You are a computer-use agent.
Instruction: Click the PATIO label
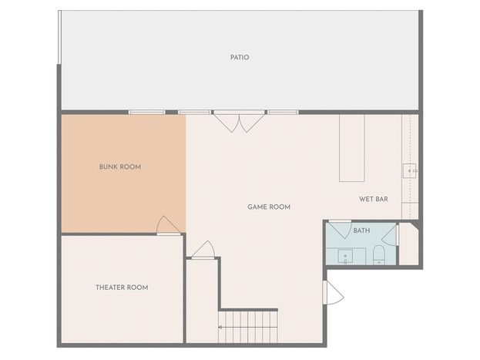[240, 57]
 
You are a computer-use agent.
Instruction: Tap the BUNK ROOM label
[120, 167]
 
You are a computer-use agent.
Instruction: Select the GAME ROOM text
[269, 207]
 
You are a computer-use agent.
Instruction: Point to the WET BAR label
[374, 199]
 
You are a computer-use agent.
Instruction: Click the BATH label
[361, 230]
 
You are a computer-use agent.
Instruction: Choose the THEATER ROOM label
[122, 288]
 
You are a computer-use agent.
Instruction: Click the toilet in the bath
[378, 254]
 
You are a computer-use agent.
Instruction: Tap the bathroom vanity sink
[345, 256]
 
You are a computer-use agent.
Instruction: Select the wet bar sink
[410, 170]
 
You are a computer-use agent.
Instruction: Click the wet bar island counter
[352, 148]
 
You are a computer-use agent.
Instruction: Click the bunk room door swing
[168, 225]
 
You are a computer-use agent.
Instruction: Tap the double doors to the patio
[239, 121]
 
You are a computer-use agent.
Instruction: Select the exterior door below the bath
[333, 292]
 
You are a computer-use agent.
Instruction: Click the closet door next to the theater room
[203, 250]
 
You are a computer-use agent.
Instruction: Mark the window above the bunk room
[146, 112]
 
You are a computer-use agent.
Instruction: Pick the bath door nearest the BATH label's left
[340, 229]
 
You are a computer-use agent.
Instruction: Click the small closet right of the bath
[408, 244]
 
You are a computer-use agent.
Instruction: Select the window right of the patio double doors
[284, 112]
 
